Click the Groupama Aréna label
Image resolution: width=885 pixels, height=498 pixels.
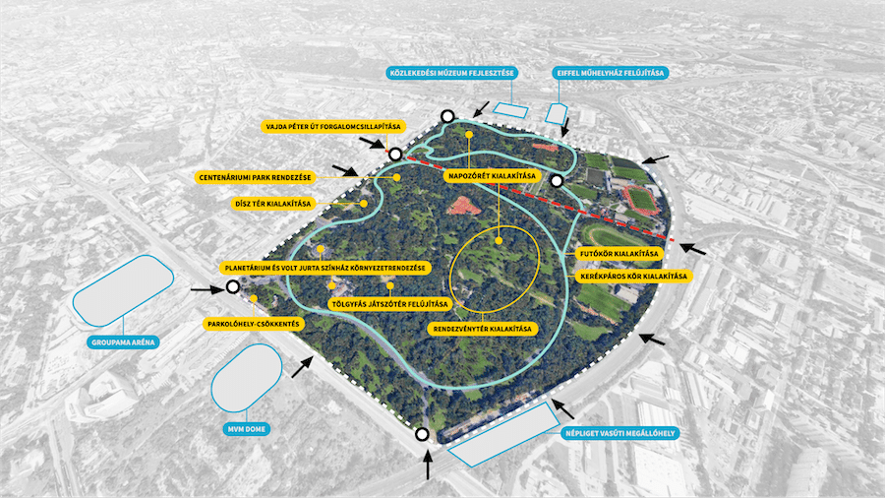click(123, 342)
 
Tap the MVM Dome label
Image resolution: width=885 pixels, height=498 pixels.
click(246, 429)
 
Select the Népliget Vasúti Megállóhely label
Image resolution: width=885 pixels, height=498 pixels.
click(620, 434)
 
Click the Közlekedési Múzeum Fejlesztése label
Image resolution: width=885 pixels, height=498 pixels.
click(452, 73)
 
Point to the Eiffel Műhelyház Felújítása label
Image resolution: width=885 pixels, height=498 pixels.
click(610, 73)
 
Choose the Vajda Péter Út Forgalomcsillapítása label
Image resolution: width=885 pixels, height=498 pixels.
click(333, 127)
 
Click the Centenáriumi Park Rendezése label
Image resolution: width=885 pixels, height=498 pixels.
click(255, 177)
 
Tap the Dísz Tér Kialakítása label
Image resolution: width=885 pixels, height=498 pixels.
click(273, 204)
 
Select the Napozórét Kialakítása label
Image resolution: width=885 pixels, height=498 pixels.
click(493, 175)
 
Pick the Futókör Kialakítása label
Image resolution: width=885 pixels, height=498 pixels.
click(619, 254)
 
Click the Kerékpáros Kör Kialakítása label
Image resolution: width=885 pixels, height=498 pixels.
click(634, 277)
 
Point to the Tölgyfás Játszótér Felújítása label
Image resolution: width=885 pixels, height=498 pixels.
click(390, 304)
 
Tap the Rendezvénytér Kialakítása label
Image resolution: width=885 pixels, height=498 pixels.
click(482, 329)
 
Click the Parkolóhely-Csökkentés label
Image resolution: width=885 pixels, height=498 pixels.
click(254, 324)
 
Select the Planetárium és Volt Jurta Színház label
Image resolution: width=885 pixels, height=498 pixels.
click(325, 268)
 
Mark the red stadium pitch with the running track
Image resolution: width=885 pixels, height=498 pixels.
click(641, 201)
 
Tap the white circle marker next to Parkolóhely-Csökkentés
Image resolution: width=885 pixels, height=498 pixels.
click(232, 286)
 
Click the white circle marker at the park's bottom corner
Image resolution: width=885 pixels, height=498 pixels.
click(422, 434)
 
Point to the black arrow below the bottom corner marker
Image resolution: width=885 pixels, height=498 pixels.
click(428, 465)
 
